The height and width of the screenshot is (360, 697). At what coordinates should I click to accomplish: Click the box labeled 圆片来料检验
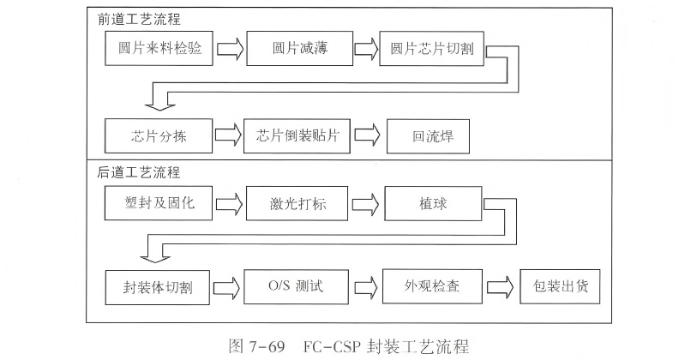(x=160, y=48)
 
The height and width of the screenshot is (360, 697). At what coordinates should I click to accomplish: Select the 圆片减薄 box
(x=297, y=48)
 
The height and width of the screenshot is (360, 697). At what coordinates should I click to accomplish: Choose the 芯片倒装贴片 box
(x=297, y=136)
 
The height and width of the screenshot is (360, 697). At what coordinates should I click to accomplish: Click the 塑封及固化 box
(x=159, y=204)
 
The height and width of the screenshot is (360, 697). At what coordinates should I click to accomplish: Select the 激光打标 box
(x=297, y=205)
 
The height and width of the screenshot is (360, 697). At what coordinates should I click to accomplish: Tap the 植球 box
(x=434, y=205)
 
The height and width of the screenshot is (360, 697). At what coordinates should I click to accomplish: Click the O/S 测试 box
(x=297, y=285)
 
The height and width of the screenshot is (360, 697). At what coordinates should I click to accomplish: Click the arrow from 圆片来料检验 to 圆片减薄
(x=230, y=48)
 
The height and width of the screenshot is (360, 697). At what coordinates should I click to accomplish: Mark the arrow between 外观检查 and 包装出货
(x=502, y=285)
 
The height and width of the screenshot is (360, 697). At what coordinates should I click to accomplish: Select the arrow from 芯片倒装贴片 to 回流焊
(x=366, y=136)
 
